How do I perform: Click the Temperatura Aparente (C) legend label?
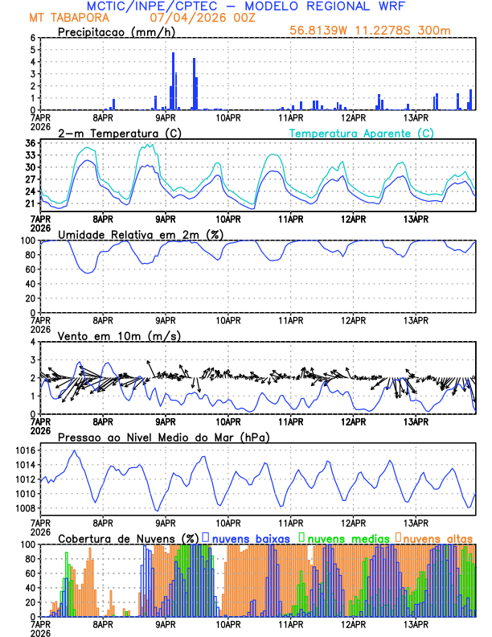[362, 133]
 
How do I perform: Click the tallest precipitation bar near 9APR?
[174, 81]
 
